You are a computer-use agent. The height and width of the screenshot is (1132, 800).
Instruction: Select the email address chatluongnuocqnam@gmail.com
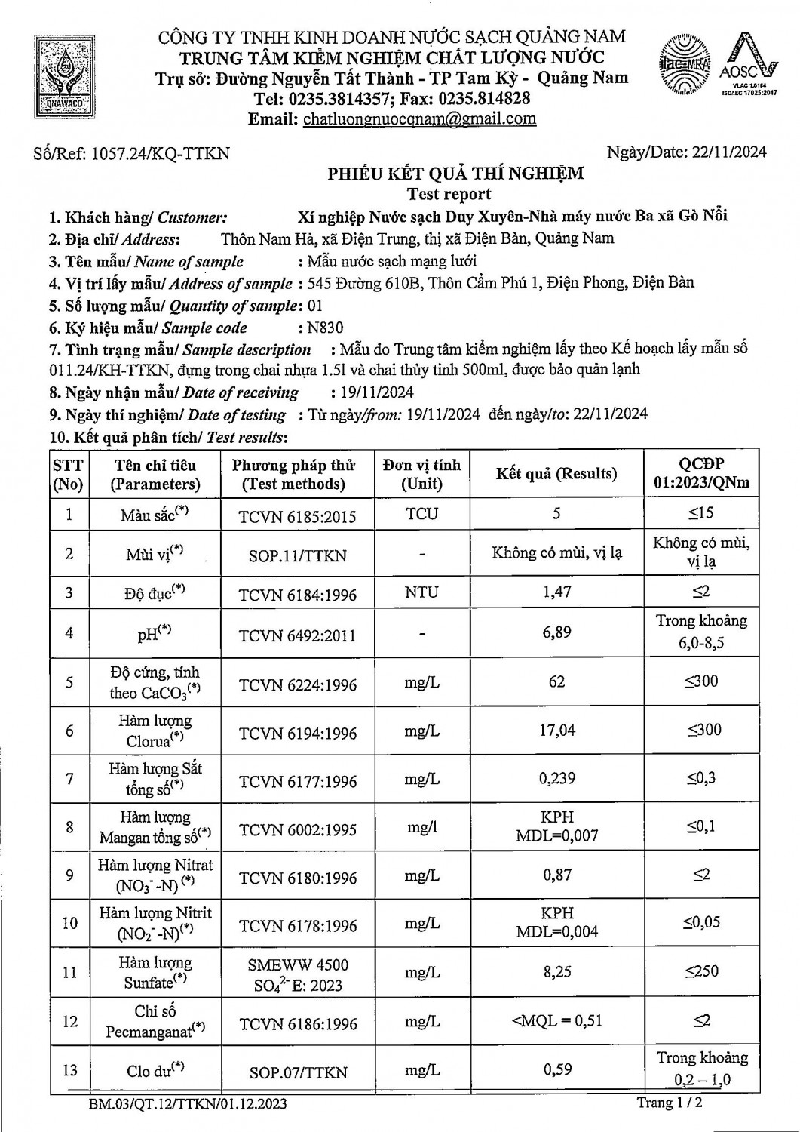pos(419,118)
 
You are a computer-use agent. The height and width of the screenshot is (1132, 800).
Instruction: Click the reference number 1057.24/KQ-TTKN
pos(160,154)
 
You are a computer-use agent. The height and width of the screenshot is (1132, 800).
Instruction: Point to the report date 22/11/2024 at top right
pos(728,152)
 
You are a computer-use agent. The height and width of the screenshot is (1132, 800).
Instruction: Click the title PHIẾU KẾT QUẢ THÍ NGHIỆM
pos(455,174)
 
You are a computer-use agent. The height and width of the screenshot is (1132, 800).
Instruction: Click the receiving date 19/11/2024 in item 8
pos(372,392)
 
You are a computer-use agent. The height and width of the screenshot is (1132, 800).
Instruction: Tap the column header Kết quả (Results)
pos(556,474)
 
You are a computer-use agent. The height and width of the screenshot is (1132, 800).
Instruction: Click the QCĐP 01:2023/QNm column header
pos(701,473)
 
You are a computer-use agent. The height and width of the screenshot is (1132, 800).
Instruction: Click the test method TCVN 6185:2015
pos(297,516)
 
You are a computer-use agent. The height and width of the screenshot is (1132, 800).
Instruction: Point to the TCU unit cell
pos(421,514)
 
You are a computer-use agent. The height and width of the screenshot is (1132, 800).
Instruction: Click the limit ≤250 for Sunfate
pos(701,971)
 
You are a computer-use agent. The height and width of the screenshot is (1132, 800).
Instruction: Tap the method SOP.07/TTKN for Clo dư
pos(297,1072)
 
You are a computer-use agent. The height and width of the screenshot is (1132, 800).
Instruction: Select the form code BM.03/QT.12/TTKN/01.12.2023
pos(187,1104)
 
